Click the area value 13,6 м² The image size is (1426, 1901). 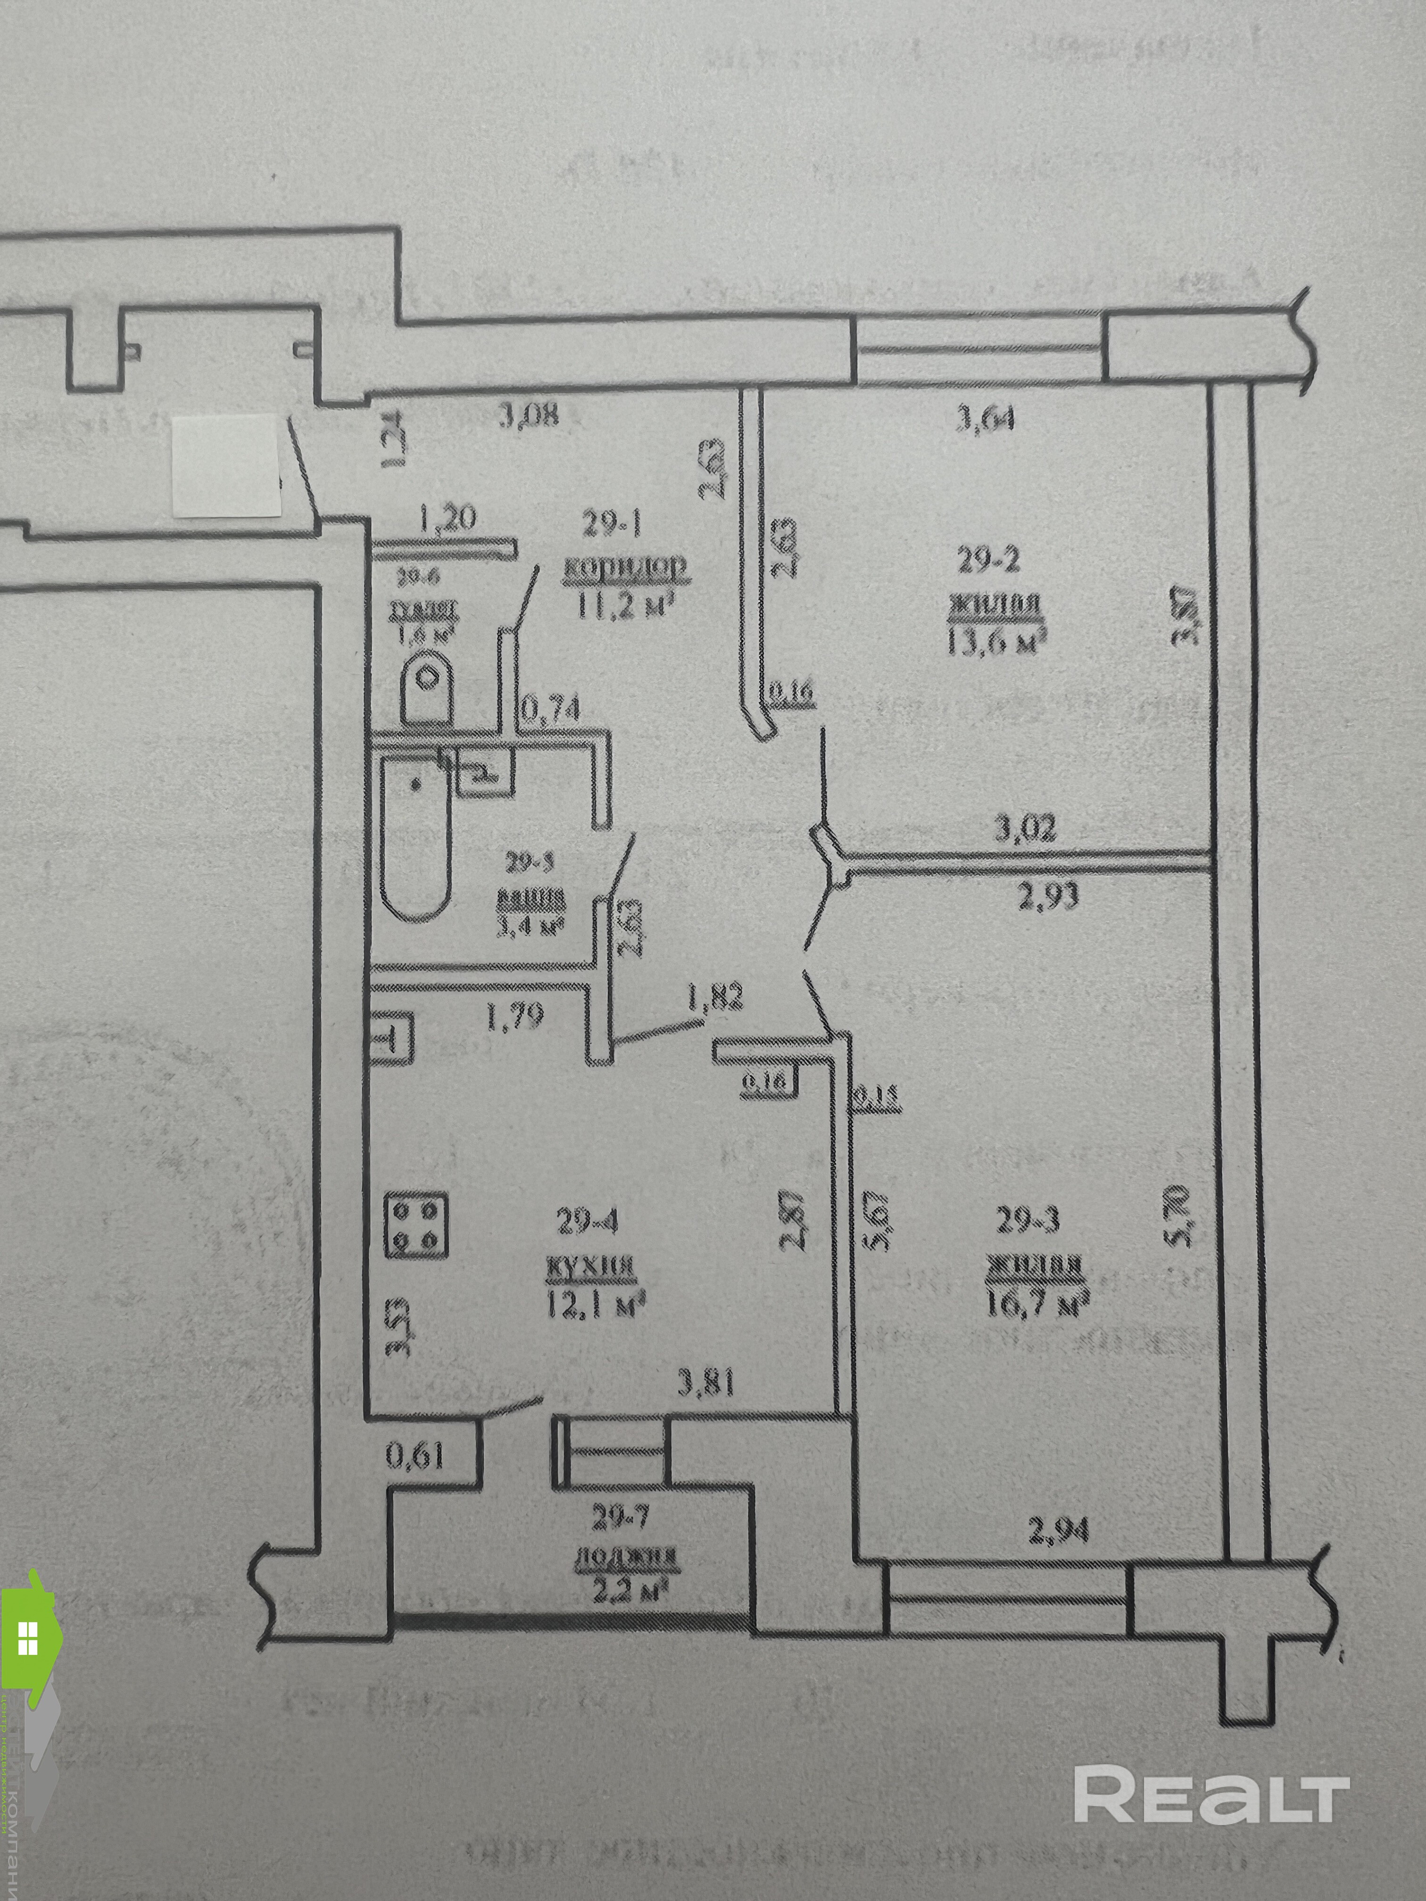click(x=996, y=641)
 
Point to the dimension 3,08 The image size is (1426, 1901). click(x=529, y=416)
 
